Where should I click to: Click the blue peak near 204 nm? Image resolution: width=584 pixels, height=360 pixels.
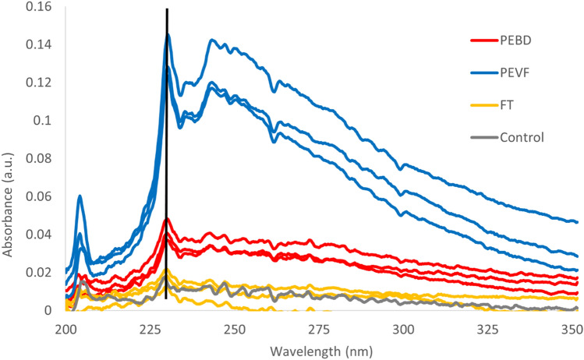pos(80,197)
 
